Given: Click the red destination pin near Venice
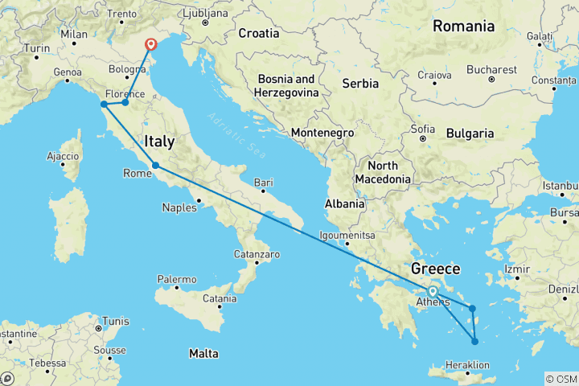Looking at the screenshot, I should (x=150, y=44).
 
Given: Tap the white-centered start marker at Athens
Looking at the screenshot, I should (x=433, y=292).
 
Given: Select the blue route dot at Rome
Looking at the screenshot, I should (x=156, y=166).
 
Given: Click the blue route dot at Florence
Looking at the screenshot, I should (x=125, y=102).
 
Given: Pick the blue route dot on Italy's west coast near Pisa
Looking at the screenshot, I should (x=104, y=104).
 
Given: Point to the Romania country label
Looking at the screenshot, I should (x=463, y=26).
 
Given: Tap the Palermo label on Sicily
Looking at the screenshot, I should (x=177, y=279).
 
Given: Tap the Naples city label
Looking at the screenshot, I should (x=179, y=207).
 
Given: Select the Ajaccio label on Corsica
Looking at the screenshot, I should (x=63, y=155).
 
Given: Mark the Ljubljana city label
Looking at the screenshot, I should (x=207, y=14).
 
